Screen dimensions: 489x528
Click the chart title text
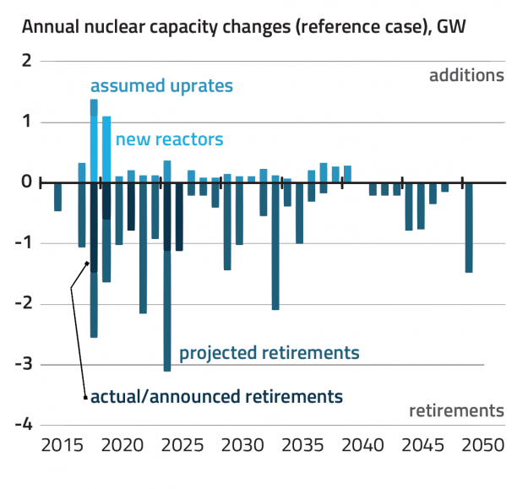244,25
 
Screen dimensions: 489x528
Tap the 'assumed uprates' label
161,86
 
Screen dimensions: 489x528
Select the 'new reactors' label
169,139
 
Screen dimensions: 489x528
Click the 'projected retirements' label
269,352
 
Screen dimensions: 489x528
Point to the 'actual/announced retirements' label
216,395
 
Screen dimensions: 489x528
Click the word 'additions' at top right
466,75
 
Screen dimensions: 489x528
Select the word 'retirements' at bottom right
456,411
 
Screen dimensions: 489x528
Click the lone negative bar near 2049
469,227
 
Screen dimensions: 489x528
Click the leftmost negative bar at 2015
57,197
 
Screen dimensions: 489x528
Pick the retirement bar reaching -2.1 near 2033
275,246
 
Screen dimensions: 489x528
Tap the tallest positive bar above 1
94,139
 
